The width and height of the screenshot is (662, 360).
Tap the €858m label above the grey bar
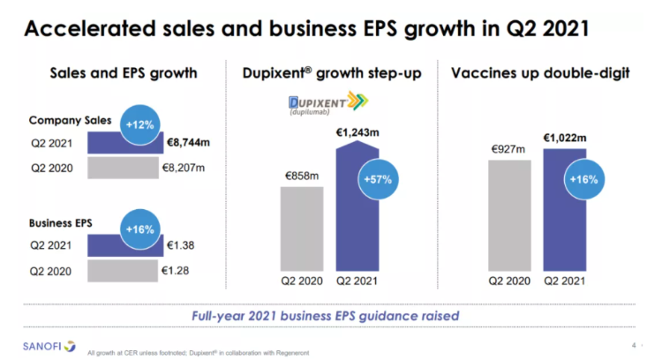301,176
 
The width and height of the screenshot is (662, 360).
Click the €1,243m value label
357,133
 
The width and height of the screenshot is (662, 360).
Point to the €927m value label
509,150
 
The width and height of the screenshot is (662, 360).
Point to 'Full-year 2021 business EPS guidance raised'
326,315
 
